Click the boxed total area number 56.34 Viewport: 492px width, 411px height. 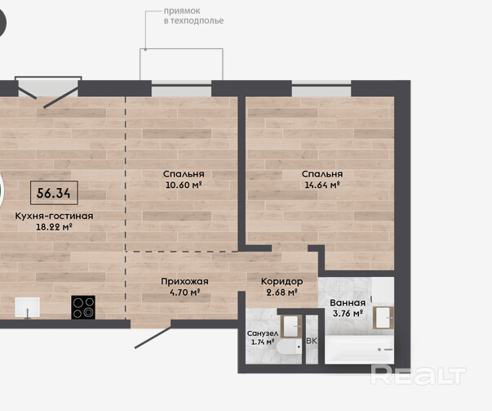(54, 193)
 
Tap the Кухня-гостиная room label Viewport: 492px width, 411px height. (54, 216)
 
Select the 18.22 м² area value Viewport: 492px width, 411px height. (54, 226)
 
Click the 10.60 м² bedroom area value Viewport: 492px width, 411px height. (184, 185)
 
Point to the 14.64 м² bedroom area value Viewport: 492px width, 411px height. (322, 185)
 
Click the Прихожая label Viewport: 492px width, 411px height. (184, 281)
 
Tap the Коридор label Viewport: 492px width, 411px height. (281, 281)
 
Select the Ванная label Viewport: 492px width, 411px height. (348, 302)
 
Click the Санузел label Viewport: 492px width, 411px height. (262, 333)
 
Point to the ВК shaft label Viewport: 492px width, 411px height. (312, 341)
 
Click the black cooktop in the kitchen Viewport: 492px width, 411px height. (83, 307)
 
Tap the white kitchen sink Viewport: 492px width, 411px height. (28, 307)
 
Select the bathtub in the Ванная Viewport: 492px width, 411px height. (359, 350)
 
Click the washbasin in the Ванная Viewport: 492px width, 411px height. (383, 318)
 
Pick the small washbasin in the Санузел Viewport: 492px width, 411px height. (290, 326)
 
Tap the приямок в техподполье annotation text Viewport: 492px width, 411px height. (193, 16)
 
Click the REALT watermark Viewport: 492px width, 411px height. (419, 375)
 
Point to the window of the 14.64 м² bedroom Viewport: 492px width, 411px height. (321, 88)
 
